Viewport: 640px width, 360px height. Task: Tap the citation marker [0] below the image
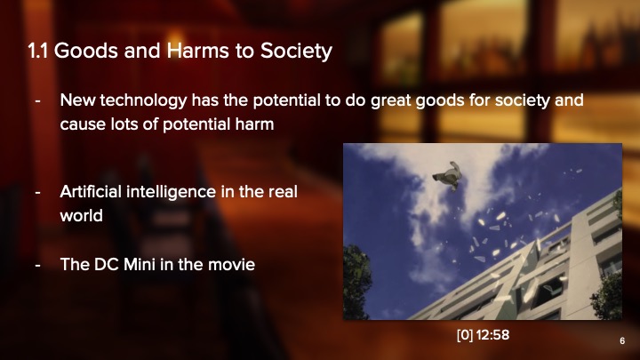(x=463, y=335)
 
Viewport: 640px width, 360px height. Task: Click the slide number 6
(x=622, y=341)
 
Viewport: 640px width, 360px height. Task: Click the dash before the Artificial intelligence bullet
(x=36, y=192)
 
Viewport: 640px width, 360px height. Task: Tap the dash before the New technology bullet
(x=36, y=100)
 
